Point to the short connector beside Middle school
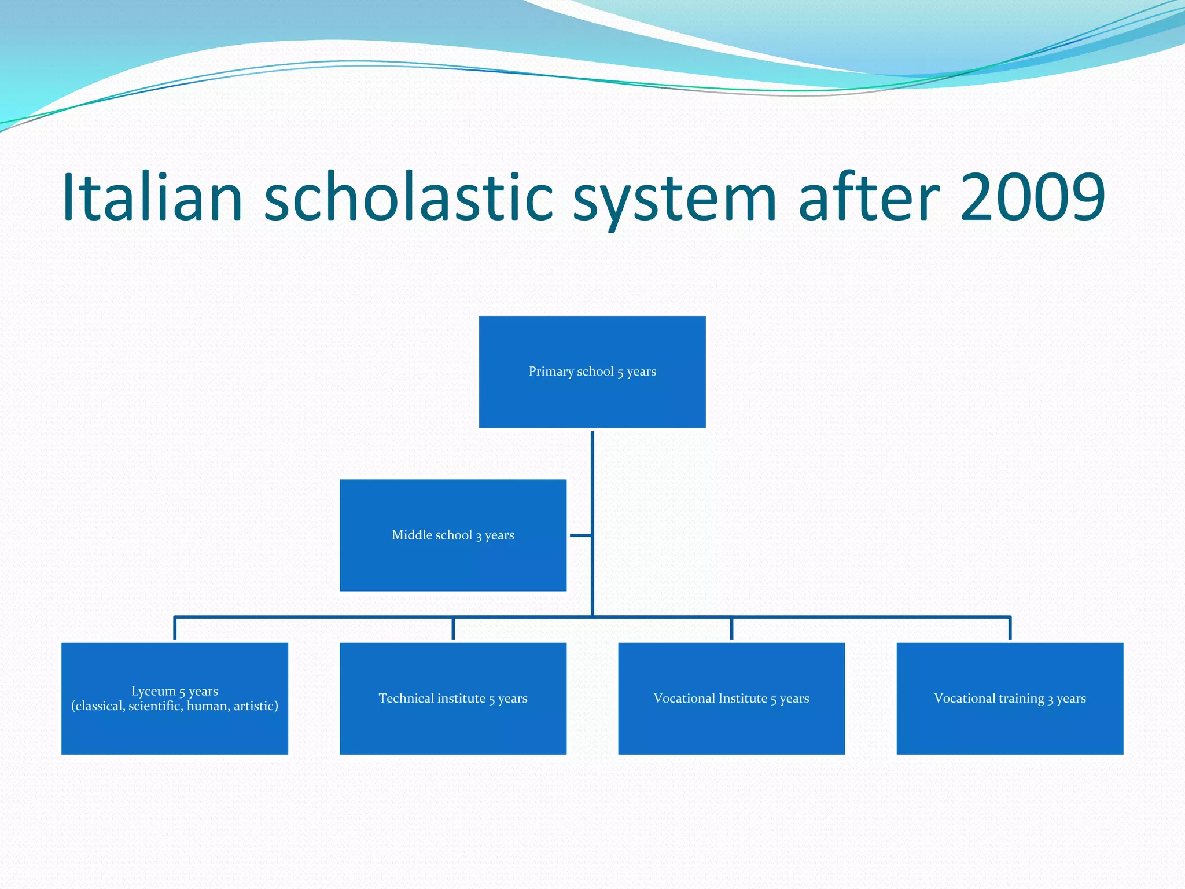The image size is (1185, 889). pos(580,535)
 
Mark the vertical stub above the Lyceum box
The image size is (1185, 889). pos(175,629)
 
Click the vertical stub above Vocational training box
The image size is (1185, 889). pos(1010,629)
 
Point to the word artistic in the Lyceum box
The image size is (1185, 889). pos(255,706)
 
